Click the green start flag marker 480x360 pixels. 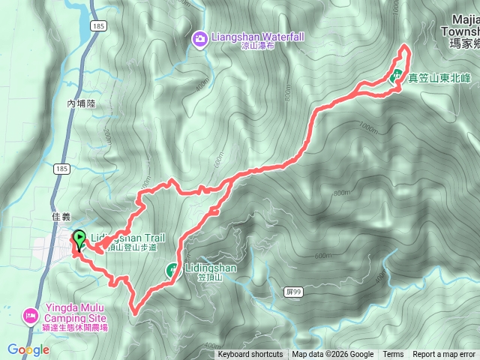pos(79,238)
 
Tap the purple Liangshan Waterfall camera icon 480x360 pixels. pos(199,37)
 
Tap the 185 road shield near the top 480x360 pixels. pos(98,25)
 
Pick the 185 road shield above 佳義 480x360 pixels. pos(61,169)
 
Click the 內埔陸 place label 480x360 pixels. pos(82,104)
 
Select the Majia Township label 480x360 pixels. pos(459,31)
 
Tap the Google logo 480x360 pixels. pos(28,349)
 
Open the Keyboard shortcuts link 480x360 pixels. pos(250,355)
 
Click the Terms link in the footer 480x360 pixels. pos(393,355)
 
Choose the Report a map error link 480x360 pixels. pos(444,355)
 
